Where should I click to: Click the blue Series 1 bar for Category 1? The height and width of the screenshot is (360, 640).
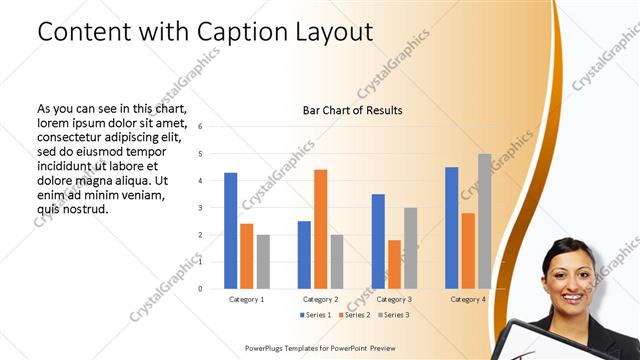tap(231, 230)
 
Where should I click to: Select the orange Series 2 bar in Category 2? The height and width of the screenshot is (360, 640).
tap(320, 229)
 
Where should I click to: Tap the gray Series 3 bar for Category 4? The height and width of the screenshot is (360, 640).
tap(484, 221)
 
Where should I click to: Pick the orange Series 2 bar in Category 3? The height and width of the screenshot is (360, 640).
tap(394, 264)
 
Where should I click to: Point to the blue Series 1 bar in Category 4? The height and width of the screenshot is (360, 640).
tap(452, 227)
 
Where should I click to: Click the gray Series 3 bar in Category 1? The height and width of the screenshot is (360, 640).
tap(263, 261)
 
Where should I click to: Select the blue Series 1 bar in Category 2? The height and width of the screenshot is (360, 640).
tap(304, 254)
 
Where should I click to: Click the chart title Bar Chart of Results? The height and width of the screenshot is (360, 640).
tap(352, 110)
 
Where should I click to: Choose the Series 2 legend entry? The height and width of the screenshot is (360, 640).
tap(354, 315)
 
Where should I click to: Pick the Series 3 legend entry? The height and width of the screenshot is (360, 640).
tap(393, 315)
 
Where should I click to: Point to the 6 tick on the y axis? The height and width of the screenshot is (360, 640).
tap(201, 127)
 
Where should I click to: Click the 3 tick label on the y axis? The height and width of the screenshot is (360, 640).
tap(201, 208)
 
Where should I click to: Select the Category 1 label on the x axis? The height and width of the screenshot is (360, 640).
tap(247, 299)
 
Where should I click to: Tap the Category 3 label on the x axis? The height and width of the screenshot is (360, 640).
tap(394, 299)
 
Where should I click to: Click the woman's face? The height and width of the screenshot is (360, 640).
tap(568, 274)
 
